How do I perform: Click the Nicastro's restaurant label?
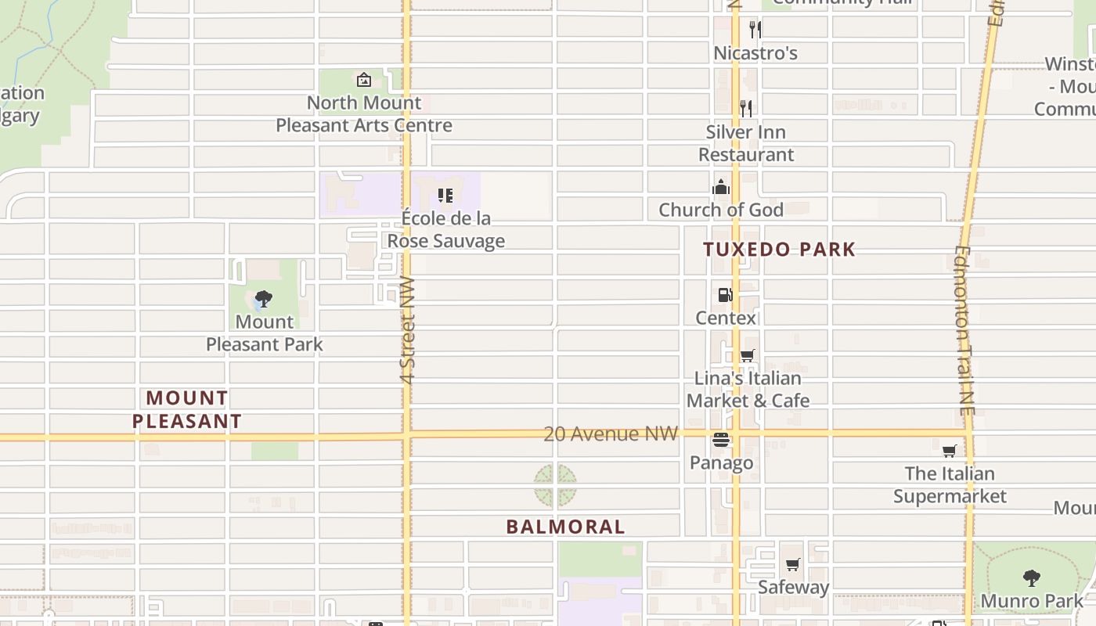pos(755,53)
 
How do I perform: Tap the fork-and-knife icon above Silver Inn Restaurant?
pos(746,108)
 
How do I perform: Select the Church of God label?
pos(720,210)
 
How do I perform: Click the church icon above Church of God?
pos(721,187)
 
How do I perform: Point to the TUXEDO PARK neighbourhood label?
pos(779,250)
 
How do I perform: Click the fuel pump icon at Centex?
pos(726,295)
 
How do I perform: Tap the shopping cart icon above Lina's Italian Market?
pos(748,356)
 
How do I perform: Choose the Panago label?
pos(721,462)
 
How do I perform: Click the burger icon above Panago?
pos(721,440)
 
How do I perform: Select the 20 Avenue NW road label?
pos(611,434)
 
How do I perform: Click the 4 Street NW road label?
pos(407,329)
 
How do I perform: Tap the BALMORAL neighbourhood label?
pos(565,527)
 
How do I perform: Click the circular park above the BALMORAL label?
pos(556,485)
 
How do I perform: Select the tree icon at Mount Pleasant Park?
pos(264,298)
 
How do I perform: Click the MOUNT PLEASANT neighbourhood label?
pos(186,409)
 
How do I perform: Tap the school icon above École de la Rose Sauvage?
pos(445,195)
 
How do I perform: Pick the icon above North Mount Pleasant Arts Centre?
pos(364,80)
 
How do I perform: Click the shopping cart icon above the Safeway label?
pos(793,565)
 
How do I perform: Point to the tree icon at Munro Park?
pos(1032,578)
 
